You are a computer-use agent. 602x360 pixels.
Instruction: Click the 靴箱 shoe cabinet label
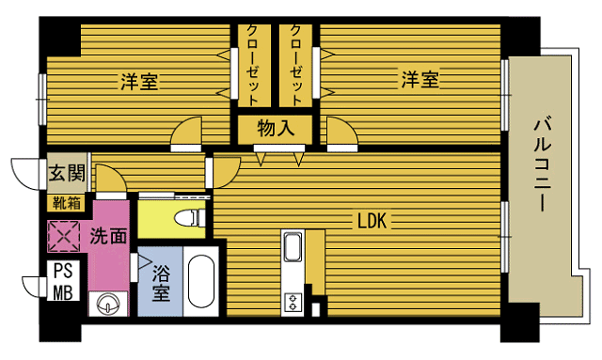[66, 201]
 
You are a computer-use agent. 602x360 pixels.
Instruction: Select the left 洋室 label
[138, 81]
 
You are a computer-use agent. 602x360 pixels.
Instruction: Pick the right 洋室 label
[420, 81]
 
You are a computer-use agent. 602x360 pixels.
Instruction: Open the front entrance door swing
[25, 172]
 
